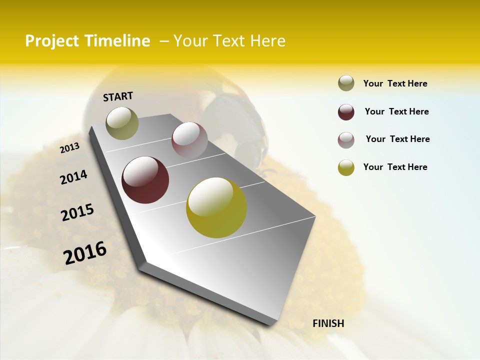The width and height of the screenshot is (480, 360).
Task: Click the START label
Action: [118, 96]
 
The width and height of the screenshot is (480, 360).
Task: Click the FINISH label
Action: [328, 323]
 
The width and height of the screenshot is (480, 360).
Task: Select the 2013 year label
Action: [70, 148]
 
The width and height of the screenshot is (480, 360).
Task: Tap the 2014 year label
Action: [74, 177]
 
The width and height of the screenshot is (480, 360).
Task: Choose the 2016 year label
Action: [85, 252]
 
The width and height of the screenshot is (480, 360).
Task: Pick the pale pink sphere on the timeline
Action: [189, 140]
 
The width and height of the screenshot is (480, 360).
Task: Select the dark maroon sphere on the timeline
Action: [145, 180]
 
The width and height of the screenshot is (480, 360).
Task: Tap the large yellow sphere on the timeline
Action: [216, 207]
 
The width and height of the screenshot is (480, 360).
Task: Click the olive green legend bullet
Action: [346, 83]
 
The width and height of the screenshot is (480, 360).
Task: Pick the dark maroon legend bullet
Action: [346, 112]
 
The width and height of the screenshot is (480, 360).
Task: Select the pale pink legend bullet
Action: [346, 140]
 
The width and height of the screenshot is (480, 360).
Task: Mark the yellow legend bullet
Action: [346, 167]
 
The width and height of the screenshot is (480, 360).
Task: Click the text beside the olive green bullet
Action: [395, 83]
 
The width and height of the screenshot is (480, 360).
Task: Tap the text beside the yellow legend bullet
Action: [395, 167]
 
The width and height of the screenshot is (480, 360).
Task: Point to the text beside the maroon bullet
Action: [396, 111]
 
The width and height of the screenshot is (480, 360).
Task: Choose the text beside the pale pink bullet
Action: [397, 139]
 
